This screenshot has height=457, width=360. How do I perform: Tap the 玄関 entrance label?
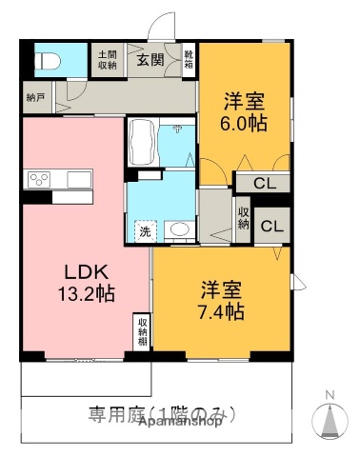coord(149,60)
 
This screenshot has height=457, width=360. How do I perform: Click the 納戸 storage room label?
coord(35,95)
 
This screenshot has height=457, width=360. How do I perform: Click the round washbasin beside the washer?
coord(177,229)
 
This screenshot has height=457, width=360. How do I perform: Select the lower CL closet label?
coord(270,226)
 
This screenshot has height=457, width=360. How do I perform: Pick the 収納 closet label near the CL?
coord(243,218)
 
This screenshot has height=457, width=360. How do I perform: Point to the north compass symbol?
coord(330,419)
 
